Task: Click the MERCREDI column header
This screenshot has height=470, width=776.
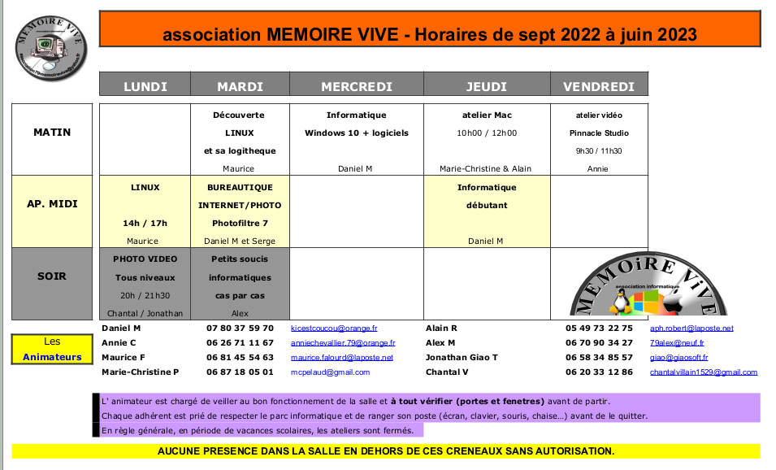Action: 356,86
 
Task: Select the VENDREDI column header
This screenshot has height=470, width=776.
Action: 599,86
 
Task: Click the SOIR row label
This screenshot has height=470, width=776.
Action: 52,276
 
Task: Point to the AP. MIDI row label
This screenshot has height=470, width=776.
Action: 52,203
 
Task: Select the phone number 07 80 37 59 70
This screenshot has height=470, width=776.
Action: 240,329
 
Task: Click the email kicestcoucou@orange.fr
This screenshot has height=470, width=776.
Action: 334,329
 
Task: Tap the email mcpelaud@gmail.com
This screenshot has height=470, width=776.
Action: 330,372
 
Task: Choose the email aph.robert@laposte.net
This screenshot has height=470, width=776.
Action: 691,329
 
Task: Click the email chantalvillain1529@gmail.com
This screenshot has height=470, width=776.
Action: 703,372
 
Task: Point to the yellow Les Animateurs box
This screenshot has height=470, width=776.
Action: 52,349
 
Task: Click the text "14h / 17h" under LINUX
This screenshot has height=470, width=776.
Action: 145,223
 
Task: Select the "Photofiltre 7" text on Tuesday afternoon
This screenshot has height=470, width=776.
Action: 239,223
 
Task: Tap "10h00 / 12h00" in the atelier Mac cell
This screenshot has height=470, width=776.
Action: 486,133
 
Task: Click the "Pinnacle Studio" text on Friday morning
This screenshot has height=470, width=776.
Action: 599,133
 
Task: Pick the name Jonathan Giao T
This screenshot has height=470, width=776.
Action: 462,358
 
